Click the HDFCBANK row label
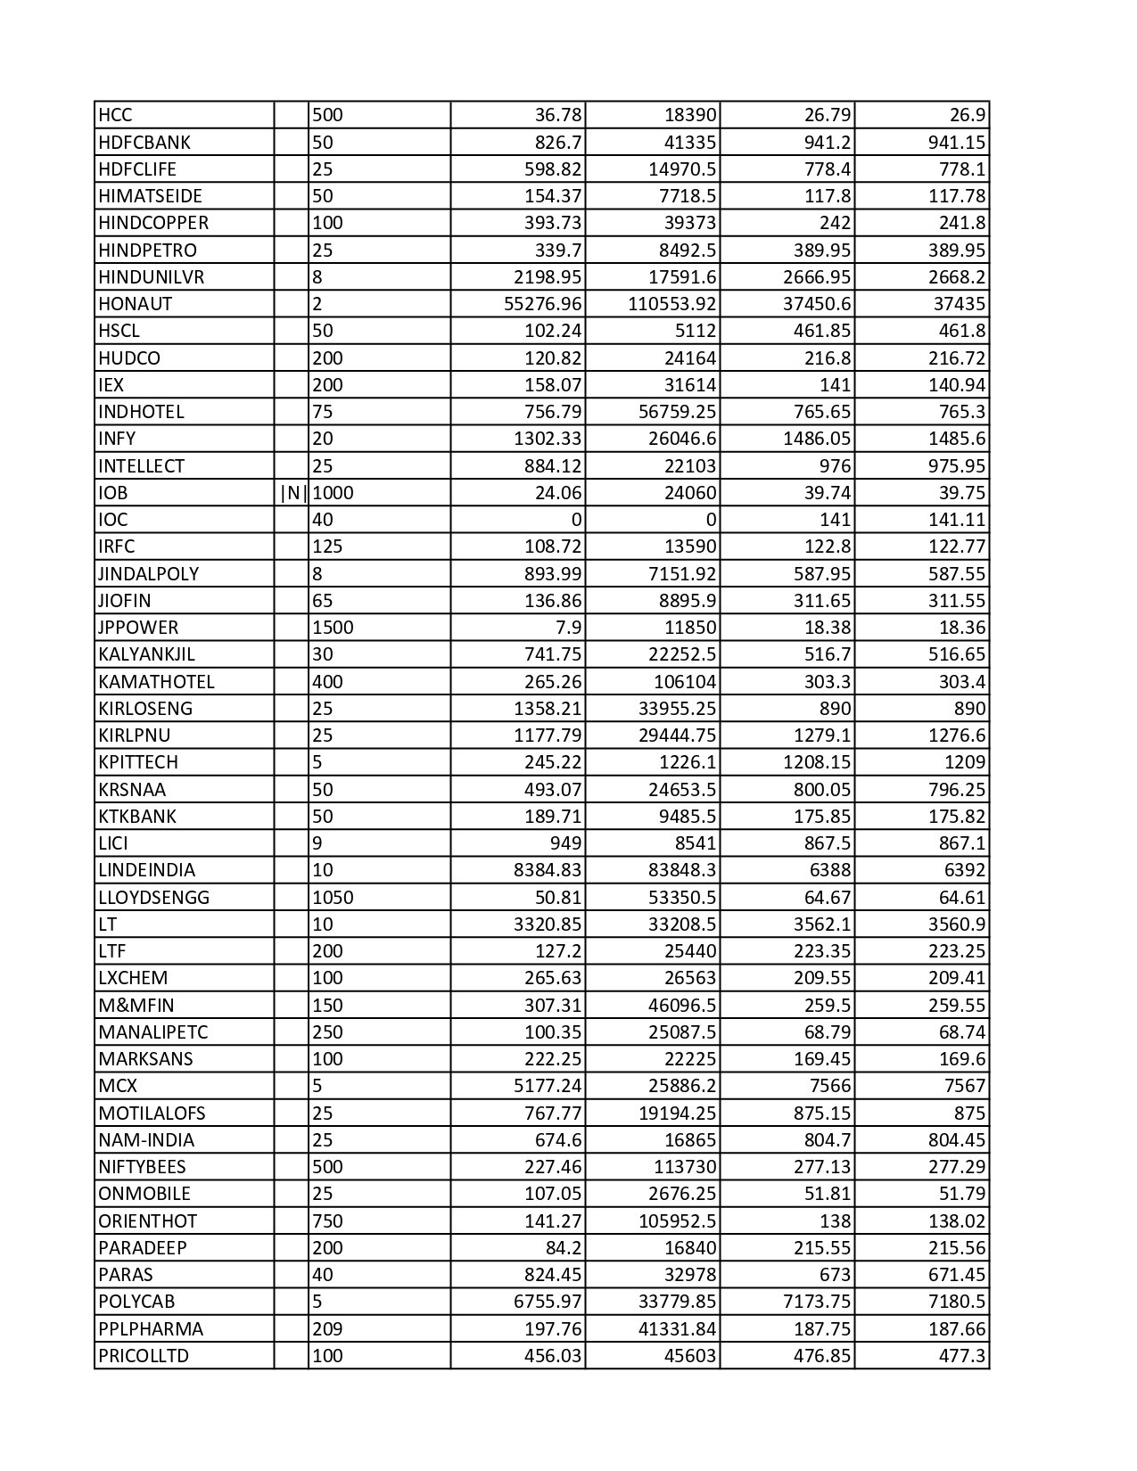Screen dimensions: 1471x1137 point(144,143)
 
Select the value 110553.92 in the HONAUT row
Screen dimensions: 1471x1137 point(671,304)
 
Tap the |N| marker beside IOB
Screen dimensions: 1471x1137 point(292,493)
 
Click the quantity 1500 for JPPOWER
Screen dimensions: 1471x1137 point(333,628)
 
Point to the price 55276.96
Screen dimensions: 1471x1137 point(542,304)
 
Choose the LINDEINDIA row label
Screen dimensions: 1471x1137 point(147,870)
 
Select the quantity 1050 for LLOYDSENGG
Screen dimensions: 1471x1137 point(333,897)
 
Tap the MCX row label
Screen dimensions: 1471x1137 point(118,1086)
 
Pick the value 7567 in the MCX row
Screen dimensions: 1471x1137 point(960,1086)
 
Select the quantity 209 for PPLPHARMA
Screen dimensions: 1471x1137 point(327,1329)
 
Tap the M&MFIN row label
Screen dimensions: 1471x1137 point(136,1006)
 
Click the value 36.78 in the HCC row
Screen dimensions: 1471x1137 point(557,115)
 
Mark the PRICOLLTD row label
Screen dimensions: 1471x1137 point(144,1356)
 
